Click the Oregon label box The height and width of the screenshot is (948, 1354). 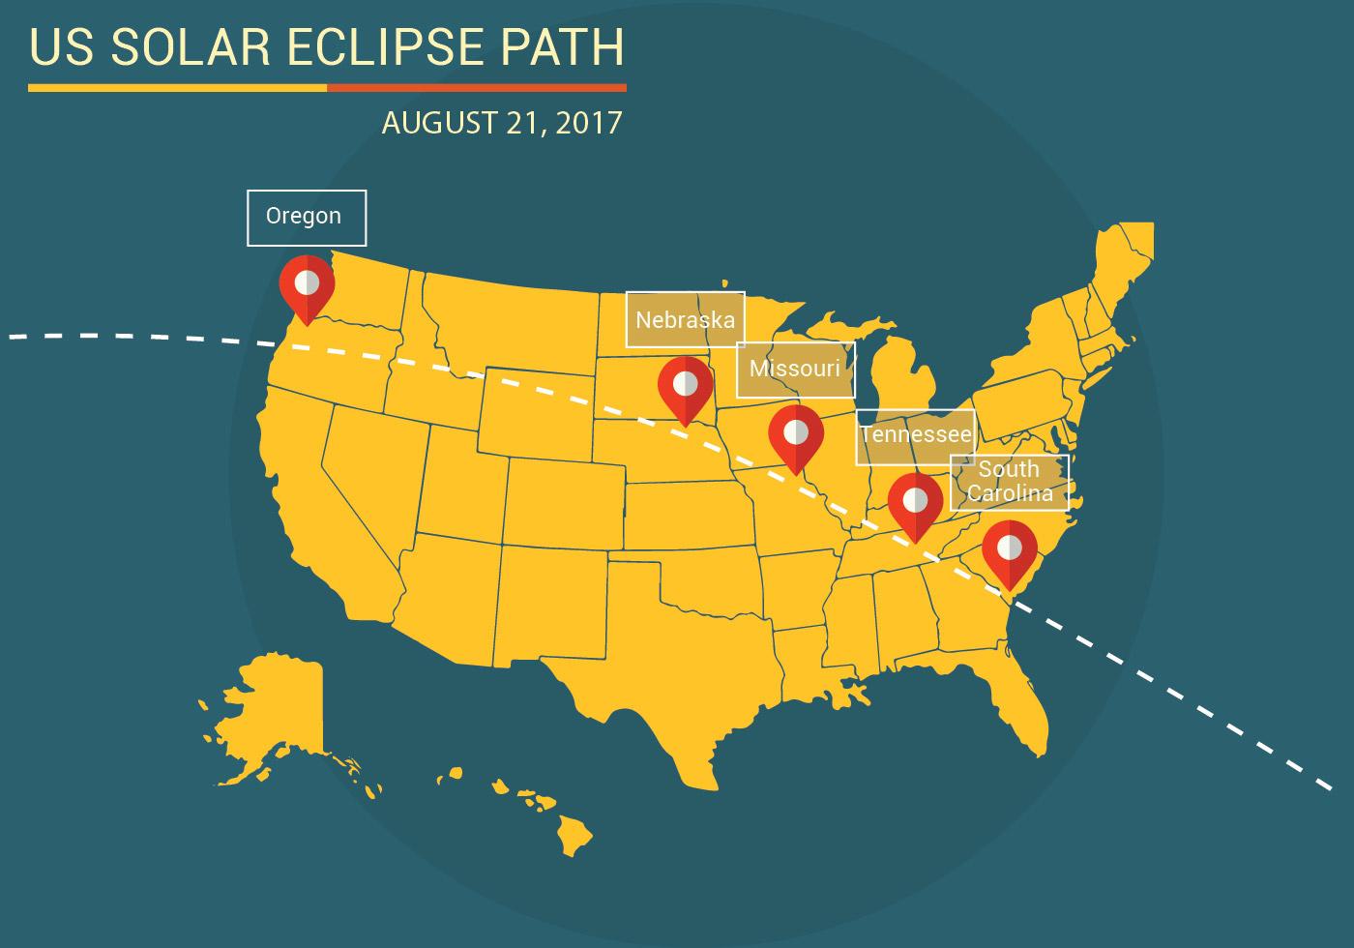(x=306, y=217)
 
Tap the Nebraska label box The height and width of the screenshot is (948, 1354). (x=685, y=319)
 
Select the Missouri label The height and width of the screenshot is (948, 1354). (x=795, y=370)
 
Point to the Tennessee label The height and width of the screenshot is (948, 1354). (x=915, y=436)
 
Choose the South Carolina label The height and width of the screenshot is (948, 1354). (x=1009, y=482)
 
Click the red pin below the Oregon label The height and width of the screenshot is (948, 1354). (x=307, y=284)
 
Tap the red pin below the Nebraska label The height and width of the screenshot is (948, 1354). (x=685, y=385)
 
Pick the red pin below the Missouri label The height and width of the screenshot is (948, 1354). (x=796, y=434)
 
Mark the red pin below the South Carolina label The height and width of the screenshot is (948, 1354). (x=1009, y=549)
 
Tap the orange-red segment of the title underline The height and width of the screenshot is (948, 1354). (x=477, y=88)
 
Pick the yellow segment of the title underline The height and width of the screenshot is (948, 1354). (x=177, y=88)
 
